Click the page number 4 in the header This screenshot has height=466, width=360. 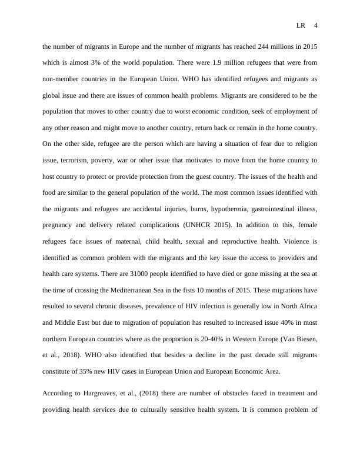316,25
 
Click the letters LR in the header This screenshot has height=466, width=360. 301,25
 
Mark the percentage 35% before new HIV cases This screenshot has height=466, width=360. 92,371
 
